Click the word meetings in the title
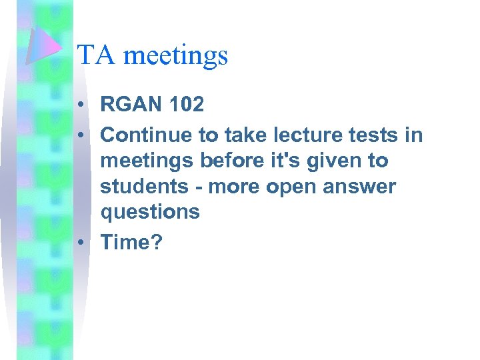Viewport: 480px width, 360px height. tap(175, 56)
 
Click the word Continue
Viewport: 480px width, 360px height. tap(146, 135)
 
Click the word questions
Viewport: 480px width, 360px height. tap(150, 213)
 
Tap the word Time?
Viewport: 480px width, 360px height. tap(131, 242)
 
